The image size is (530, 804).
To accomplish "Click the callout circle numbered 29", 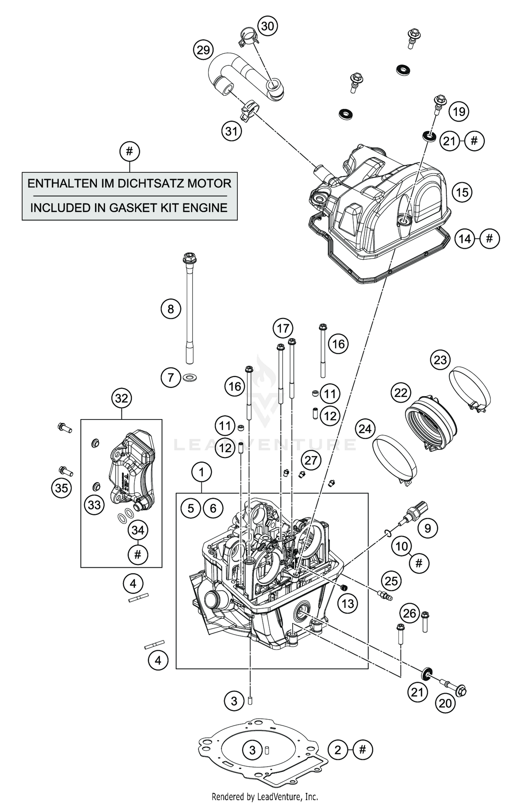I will tap(204, 50).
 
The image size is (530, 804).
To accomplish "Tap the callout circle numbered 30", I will tap(267, 26).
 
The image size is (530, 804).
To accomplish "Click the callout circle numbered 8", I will tap(171, 309).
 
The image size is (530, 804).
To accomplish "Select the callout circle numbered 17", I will tap(283, 329).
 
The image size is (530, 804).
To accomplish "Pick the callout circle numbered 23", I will tap(440, 360).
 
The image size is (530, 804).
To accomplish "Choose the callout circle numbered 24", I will tap(365, 429).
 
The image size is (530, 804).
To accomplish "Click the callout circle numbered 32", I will tap(122, 398).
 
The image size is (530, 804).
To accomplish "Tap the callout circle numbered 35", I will tap(61, 488).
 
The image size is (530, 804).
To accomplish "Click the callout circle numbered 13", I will tap(348, 604).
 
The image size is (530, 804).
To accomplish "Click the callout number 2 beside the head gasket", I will tap(338, 750).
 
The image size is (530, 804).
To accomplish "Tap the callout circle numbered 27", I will tap(311, 460).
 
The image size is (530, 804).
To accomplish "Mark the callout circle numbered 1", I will tap(201, 472).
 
